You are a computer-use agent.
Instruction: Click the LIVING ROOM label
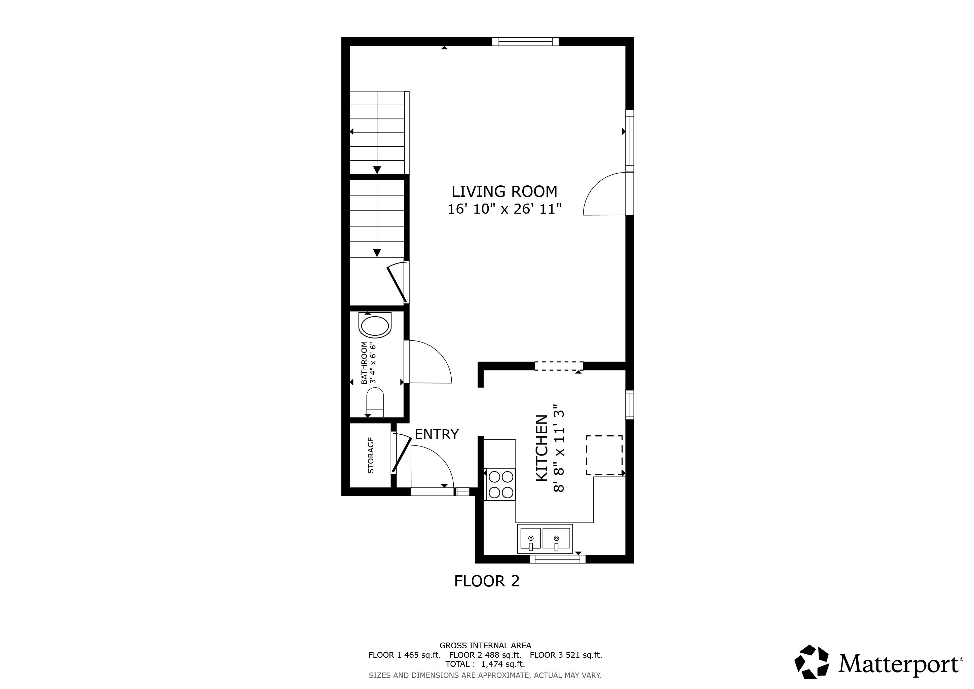click(504, 192)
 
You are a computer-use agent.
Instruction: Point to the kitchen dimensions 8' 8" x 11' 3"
click(559, 448)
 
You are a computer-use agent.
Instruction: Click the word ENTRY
click(437, 434)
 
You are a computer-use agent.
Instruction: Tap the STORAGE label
click(371, 455)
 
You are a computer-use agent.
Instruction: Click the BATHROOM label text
click(364, 363)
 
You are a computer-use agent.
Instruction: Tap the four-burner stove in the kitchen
click(500, 484)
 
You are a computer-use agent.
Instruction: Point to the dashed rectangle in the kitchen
click(604, 455)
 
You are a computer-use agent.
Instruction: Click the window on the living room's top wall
click(525, 42)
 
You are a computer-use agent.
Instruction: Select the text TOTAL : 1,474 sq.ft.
click(485, 664)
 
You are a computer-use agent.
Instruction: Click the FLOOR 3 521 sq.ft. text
click(566, 655)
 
